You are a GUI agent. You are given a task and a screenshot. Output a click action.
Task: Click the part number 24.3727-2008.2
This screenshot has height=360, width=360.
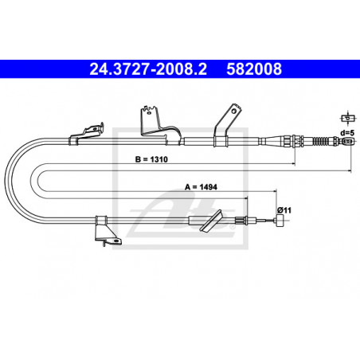pyautogui.click(x=148, y=69)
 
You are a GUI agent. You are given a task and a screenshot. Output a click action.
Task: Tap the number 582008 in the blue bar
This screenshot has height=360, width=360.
pyautogui.click(x=254, y=69)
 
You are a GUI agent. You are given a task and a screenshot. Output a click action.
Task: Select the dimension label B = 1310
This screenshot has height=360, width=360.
pyautogui.click(x=151, y=159)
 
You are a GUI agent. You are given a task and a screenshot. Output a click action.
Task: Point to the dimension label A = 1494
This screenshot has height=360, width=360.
pyautogui.click(x=201, y=187)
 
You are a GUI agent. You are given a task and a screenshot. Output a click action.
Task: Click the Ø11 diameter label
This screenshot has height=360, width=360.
pyautogui.click(x=284, y=210)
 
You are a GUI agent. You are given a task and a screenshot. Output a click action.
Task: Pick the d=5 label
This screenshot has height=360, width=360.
pyautogui.click(x=347, y=132)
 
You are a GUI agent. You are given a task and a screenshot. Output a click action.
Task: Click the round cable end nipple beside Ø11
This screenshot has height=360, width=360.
pyautogui.click(x=280, y=221)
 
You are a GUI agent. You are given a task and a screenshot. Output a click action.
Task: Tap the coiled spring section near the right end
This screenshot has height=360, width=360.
pyautogui.click(x=322, y=141)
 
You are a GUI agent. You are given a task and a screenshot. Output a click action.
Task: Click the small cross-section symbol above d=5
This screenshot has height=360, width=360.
pyautogui.click(x=347, y=118)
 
